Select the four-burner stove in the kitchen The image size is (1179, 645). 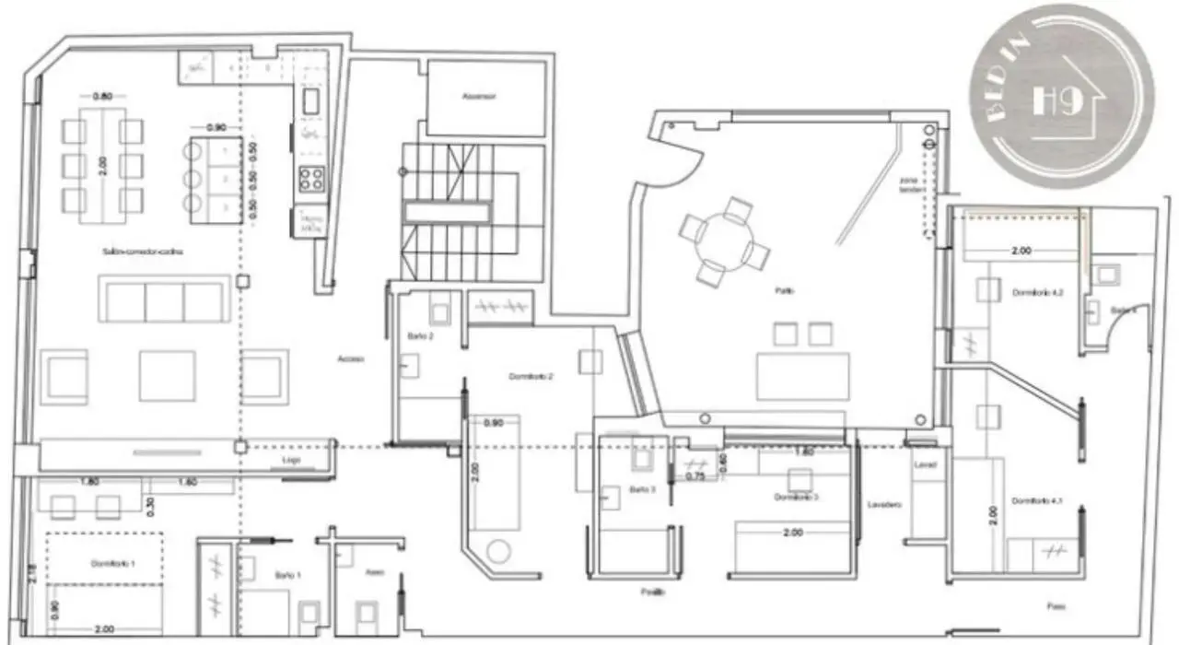pos(311,177)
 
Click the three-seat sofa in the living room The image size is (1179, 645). pos(165,301)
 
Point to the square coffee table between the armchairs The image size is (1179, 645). pos(167,376)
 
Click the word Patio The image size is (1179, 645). pos(784,291)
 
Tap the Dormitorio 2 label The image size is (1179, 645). pos(531,376)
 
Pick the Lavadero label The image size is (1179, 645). pos(881,504)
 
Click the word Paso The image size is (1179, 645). pos(1056,606)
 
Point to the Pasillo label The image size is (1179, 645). pos(654,592)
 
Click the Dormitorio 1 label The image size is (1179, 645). pos(113,562)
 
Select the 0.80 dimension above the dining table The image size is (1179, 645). pos(102,97)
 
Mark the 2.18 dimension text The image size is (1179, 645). pos(29,573)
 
